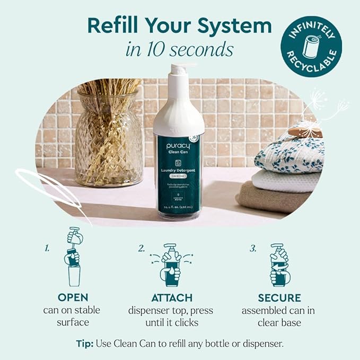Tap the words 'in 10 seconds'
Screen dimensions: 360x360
[x=180, y=49]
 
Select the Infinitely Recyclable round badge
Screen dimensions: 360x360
[x=311, y=46]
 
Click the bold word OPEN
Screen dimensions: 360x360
[x=73, y=298]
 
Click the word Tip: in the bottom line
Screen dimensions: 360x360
[x=85, y=343]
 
